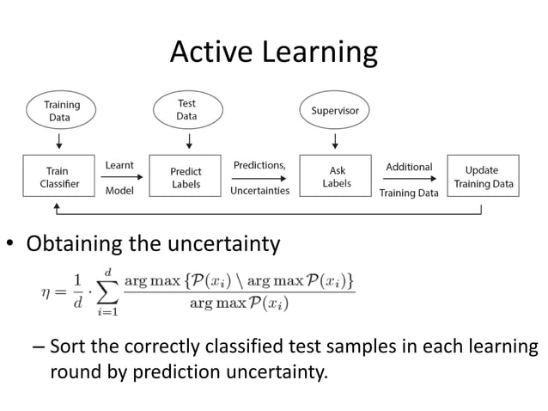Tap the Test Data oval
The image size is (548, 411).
pyautogui.click(x=186, y=110)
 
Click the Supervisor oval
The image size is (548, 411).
pyautogui.click(x=334, y=111)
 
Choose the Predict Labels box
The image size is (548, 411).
pyautogui.click(x=186, y=177)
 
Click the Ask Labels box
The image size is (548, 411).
pyautogui.click(x=336, y=177)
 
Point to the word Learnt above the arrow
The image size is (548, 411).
pyautogui.click(x=119, y=165)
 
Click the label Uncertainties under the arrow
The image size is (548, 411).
pyautogui.click(x=259, y=191)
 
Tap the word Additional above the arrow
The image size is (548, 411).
pyautogui.click(x=409, y=167)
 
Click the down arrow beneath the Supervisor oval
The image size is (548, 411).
pyautogui.click(x=335, y=139)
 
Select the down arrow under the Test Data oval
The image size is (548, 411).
pyautogui.click(x=187, y=139)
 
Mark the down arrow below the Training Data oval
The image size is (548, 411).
pyautogui.click(x=59, y=139)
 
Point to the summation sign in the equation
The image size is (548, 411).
pyautogui.click(x=107, y=293)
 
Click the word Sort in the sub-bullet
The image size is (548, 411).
pyautogui.click(x=66, y=349)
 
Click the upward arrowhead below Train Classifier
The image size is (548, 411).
pyautogui.click(x=58, y=206)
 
